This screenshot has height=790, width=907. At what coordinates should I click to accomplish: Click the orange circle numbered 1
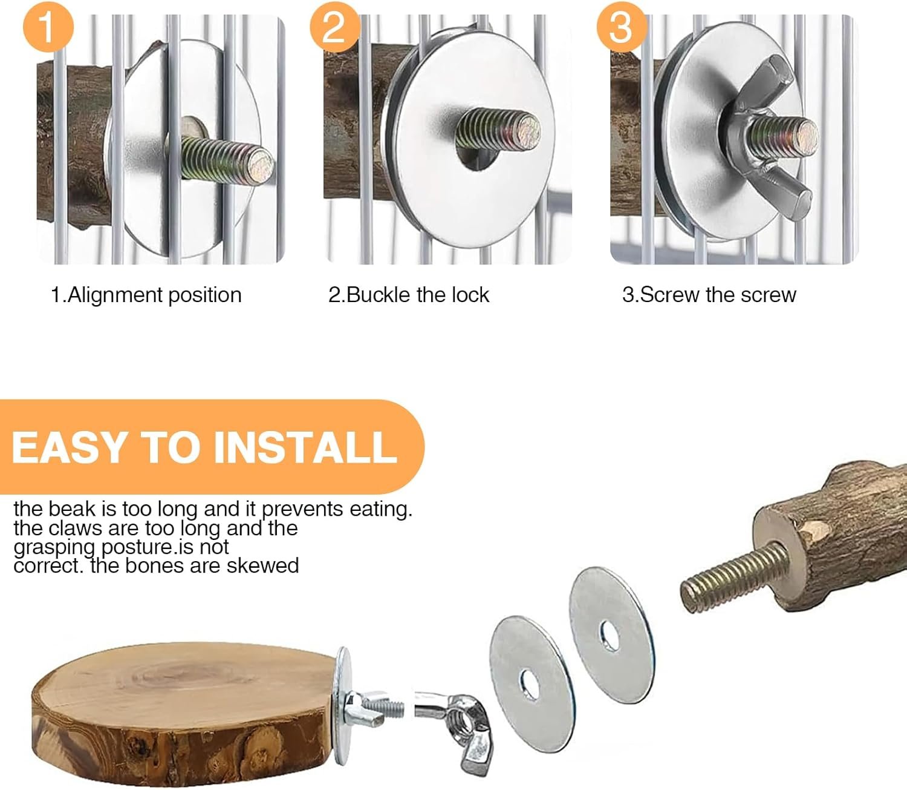click(48, 27)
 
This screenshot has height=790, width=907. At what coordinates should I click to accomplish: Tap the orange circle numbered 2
click(335, 27)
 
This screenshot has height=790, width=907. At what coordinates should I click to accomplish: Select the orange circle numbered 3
click(622, 27)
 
